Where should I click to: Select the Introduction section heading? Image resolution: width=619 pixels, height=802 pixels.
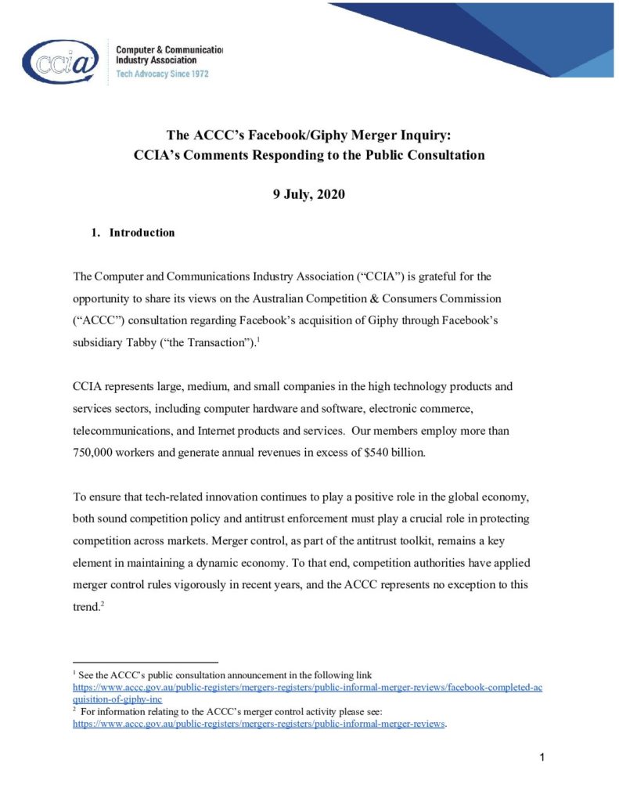tap(142, 233)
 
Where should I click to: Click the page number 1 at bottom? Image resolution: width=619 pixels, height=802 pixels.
tap(541, 757)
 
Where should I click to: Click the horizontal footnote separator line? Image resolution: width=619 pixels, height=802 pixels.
tap(145, 662)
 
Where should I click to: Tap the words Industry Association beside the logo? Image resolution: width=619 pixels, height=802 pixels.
tap(156, 60)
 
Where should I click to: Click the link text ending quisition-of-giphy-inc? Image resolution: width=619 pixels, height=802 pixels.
tap(117, 699)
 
